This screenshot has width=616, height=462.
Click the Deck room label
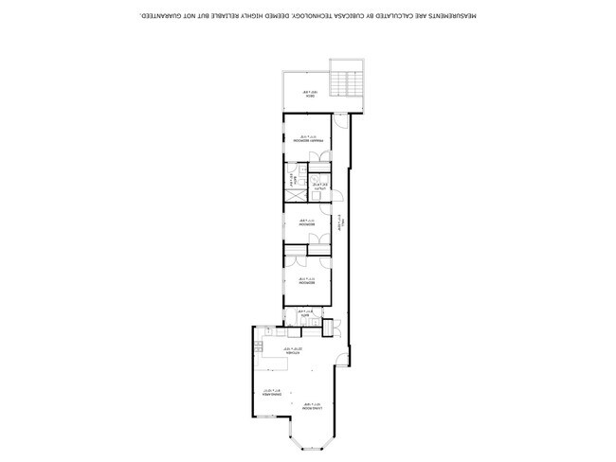tap(307, 93)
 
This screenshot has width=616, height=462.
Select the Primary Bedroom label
tap(307, 139)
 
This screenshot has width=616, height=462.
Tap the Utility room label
tap(321, 187)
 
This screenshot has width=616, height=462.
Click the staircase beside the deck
tap(345, 80)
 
